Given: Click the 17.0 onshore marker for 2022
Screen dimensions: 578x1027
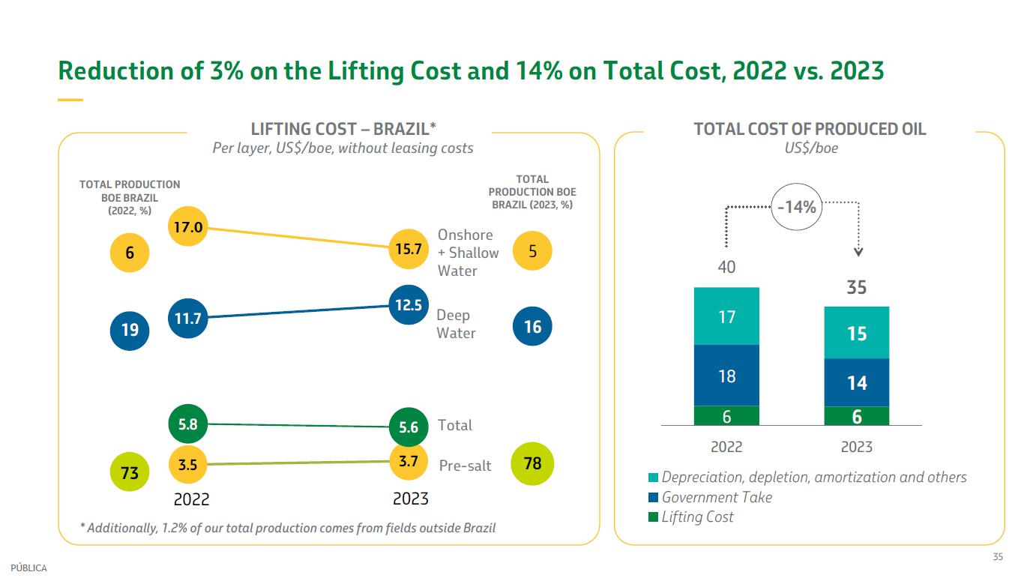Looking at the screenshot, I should [188, 226].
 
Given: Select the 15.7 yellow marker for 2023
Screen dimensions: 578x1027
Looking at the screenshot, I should [408, 249].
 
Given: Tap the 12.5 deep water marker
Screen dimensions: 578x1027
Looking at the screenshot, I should [409, 305].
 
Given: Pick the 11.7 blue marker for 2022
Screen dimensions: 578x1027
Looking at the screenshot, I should [188, 319].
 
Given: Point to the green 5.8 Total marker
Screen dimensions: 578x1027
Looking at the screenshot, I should [188, 424].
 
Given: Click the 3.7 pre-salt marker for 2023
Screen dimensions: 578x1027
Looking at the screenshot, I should [408, 462].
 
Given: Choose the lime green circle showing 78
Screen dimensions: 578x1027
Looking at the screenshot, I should [532, 463].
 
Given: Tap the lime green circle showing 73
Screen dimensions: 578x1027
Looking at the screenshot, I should [130, 473].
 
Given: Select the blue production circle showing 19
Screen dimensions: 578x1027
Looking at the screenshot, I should [130, 328].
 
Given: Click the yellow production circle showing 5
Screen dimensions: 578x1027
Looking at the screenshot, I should [532, 250].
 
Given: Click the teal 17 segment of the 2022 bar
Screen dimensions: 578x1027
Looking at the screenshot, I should [726, 316].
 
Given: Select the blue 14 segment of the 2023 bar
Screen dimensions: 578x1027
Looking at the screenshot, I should [856, 383].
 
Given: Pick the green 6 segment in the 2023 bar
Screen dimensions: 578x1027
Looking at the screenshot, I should [856, 416].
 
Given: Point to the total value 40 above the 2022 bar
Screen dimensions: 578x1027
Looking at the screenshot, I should [726, 267].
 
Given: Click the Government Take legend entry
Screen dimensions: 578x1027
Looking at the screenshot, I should [716, 497].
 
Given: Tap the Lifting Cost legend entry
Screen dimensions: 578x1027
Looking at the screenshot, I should [697, 517].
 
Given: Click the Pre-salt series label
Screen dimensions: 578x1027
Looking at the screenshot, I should [465, 466].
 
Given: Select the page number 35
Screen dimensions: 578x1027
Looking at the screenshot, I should [998, 556].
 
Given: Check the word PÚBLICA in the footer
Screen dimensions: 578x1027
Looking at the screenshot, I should [28, 568].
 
